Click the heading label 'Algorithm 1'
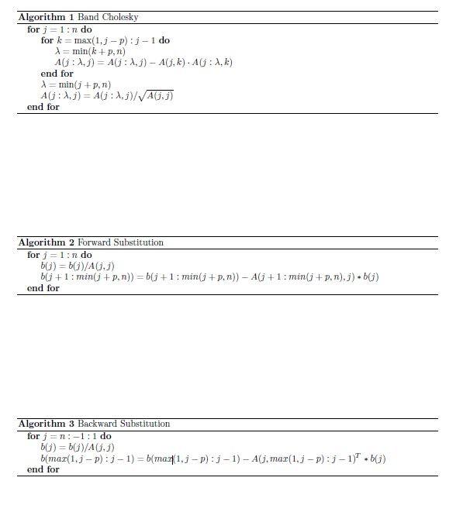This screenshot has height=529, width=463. (46, 17)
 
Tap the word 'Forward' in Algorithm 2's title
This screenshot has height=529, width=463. (94, 242)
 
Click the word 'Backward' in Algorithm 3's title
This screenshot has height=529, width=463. (96, 424)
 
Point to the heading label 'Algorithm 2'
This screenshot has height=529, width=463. (46, 242)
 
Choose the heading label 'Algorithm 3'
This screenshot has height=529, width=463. (46, 424)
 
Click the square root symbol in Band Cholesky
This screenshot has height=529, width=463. (142, 96)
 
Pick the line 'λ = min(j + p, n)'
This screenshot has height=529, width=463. (75, 84)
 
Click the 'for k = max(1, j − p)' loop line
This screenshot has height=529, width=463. (105, 40)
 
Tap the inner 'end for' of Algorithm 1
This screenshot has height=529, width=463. (57, 74)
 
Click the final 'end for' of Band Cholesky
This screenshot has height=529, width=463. (43, 107)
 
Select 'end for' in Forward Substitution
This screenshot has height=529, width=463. (43, 288)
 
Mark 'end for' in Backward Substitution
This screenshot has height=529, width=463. (43, 469)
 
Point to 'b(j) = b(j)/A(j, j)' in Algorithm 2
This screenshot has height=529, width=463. (78, 266)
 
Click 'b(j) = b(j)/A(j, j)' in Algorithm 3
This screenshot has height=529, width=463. (78, 447)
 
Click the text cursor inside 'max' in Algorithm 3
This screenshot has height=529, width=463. (173, 459)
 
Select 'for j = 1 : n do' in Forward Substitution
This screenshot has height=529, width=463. (59, 255)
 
